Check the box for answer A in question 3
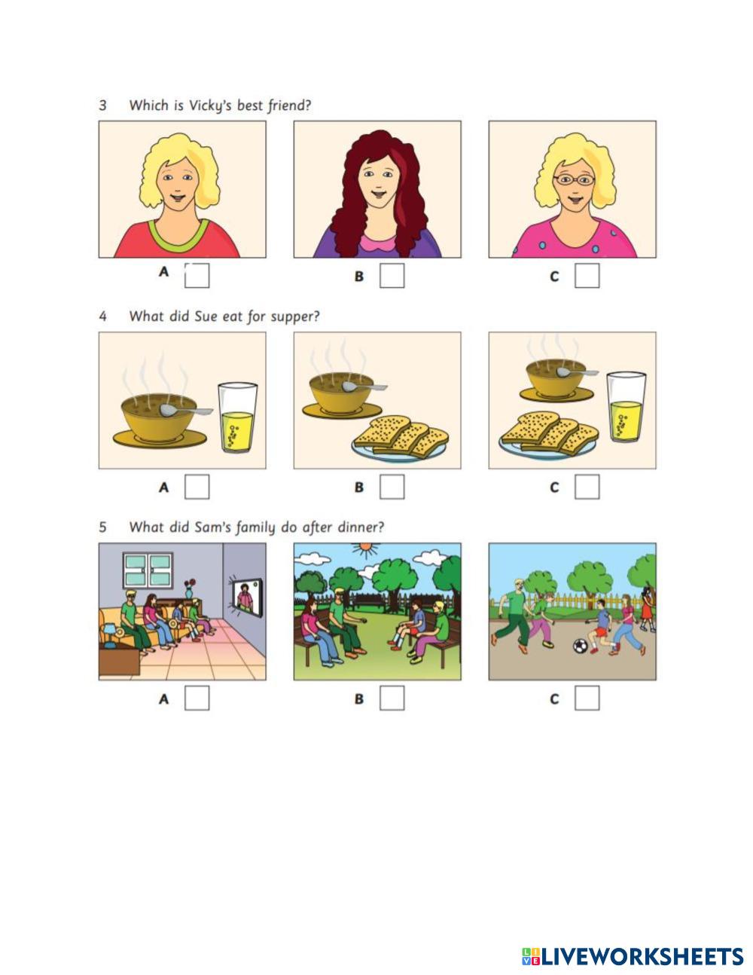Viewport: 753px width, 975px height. (197, 276)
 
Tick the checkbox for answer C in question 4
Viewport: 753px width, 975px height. (587, 487)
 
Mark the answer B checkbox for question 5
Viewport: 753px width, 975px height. (392, 698)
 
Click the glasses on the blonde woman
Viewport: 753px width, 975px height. (574, 180)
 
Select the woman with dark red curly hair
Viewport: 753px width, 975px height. (377, 194)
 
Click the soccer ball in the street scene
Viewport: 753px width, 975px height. (580, 646)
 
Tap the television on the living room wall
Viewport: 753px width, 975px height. (246, 598)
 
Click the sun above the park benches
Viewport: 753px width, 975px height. (366, 549)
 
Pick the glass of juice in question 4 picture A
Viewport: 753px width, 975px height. (237, 417)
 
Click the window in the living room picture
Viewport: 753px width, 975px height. (148, 570)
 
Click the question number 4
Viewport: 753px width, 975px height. (102, 316)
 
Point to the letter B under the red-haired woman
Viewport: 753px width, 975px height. (358, 276)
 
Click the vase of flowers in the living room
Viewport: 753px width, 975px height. (190, 588)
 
